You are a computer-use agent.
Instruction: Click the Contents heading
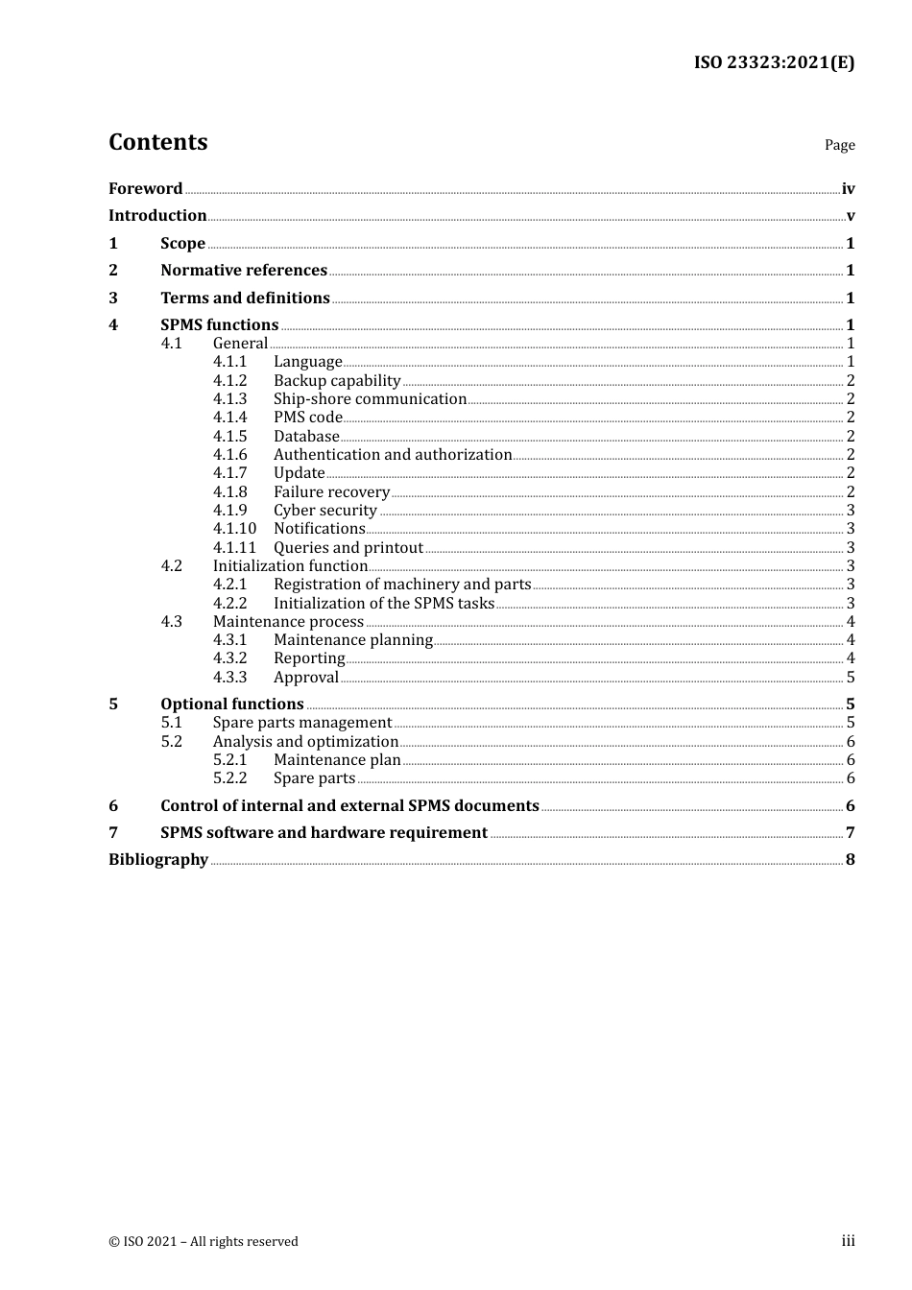[157, 142]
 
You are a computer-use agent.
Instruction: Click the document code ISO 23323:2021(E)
[774, 63]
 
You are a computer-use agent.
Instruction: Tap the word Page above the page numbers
[839, 145]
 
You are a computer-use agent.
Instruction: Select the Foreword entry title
[145, 189]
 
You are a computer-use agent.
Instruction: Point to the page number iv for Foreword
[848, 189]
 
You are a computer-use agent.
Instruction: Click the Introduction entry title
[157, 216]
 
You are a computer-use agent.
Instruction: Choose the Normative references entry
[244, 271]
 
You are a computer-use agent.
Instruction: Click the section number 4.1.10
[234, 529]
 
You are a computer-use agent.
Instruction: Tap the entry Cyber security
[325, 511]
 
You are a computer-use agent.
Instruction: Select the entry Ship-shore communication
[370, 399]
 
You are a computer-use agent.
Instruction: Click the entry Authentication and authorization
[393, 455]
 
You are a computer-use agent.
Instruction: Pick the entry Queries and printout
[348, 548]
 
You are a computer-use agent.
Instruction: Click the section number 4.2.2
[229, 604]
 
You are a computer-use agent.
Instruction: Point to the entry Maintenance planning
[353, 640]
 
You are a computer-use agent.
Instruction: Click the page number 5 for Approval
[851, 678]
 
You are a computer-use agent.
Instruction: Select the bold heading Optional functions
[231, 705]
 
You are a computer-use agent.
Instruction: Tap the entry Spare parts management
[302, 723]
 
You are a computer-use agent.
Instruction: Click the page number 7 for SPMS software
[851, 833]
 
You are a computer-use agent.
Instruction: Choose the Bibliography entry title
[158, 860]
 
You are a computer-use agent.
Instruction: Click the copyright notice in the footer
[204, 1242]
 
